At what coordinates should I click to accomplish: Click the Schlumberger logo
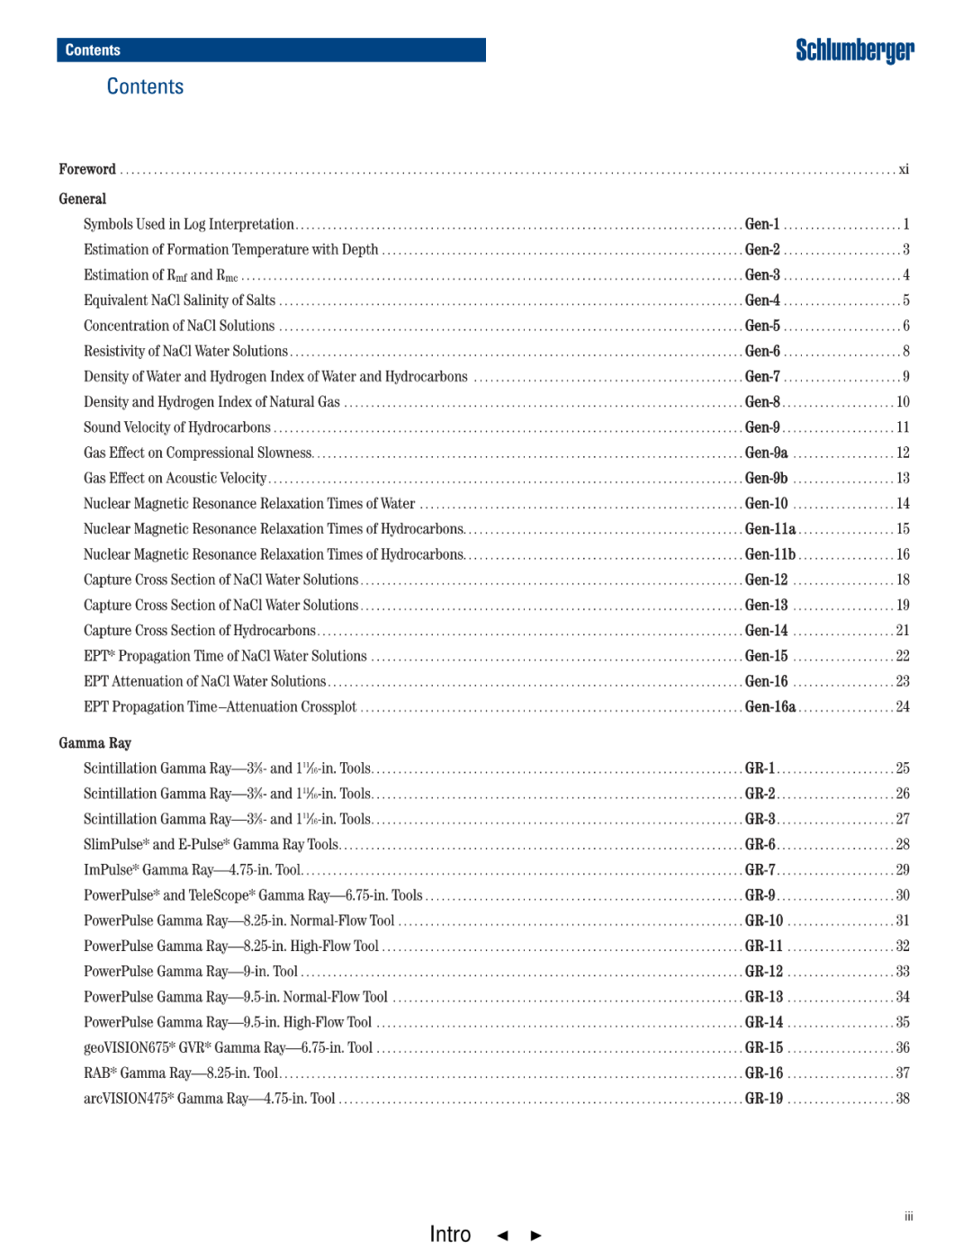tap(854, 50)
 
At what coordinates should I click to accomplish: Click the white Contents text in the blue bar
tap(93, 50)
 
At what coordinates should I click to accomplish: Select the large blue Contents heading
tap(145, 86)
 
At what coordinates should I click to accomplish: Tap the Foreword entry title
tap(87, 169)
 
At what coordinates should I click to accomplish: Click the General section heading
tap(83, 199)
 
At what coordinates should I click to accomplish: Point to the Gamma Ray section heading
tap(95, 743)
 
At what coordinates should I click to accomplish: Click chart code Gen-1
tap(762, 224)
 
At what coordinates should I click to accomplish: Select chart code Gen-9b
tap(766, 479)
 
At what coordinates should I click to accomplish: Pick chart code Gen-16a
tap(770, 707)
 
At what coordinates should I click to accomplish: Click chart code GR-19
tap(764, 1099)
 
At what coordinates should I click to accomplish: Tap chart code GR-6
tap(760, 845)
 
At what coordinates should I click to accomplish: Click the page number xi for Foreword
tap(904, 169)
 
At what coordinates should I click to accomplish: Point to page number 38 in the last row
tap(903, 1099)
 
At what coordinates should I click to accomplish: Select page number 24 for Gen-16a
tap(903, 707)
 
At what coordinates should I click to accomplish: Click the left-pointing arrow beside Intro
tap(503, 1235)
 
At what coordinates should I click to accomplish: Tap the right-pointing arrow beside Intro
tap(536, 1235)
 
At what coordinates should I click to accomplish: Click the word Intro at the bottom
tap(450, 1234)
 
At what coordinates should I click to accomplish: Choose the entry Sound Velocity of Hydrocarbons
tap(177, 427)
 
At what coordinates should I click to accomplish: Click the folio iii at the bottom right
tap(909, 1217)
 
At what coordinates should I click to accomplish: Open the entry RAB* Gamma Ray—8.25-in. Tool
tap(181, 1073)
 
